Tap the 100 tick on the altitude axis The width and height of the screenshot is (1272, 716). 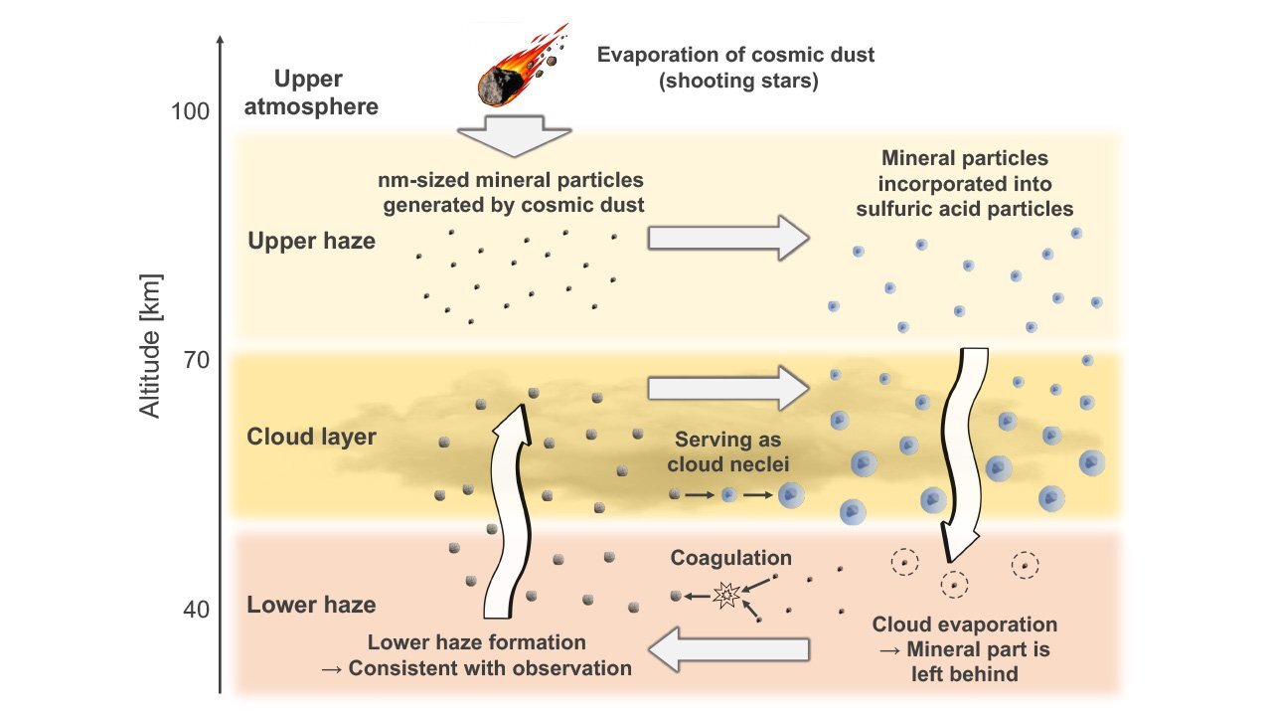190,110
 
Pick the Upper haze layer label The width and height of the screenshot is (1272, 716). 311,240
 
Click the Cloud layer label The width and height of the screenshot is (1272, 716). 311,437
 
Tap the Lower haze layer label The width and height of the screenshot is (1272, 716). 311,605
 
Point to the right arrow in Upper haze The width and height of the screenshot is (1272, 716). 727,238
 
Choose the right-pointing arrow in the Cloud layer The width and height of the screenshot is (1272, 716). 727,387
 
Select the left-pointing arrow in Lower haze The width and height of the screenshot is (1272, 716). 729,650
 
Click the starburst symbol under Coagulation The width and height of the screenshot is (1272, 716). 725,596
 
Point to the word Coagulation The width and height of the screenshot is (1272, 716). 731,558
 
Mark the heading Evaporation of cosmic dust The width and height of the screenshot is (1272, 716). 736,54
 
